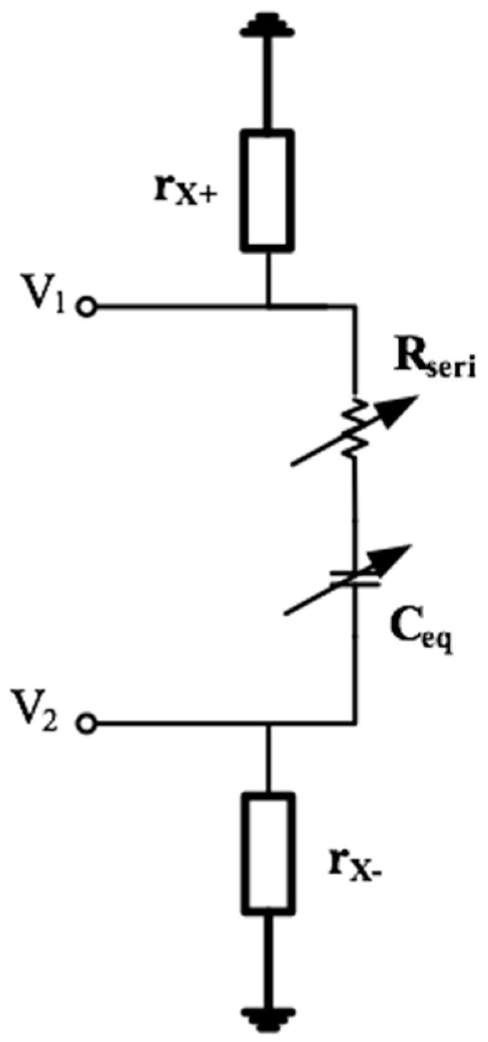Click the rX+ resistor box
(267, 190)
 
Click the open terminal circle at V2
(88, 723)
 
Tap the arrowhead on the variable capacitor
(398, 554)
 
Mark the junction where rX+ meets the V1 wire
(267, 306)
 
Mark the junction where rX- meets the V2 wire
(267, 723)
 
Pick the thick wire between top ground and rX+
(267, 81)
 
